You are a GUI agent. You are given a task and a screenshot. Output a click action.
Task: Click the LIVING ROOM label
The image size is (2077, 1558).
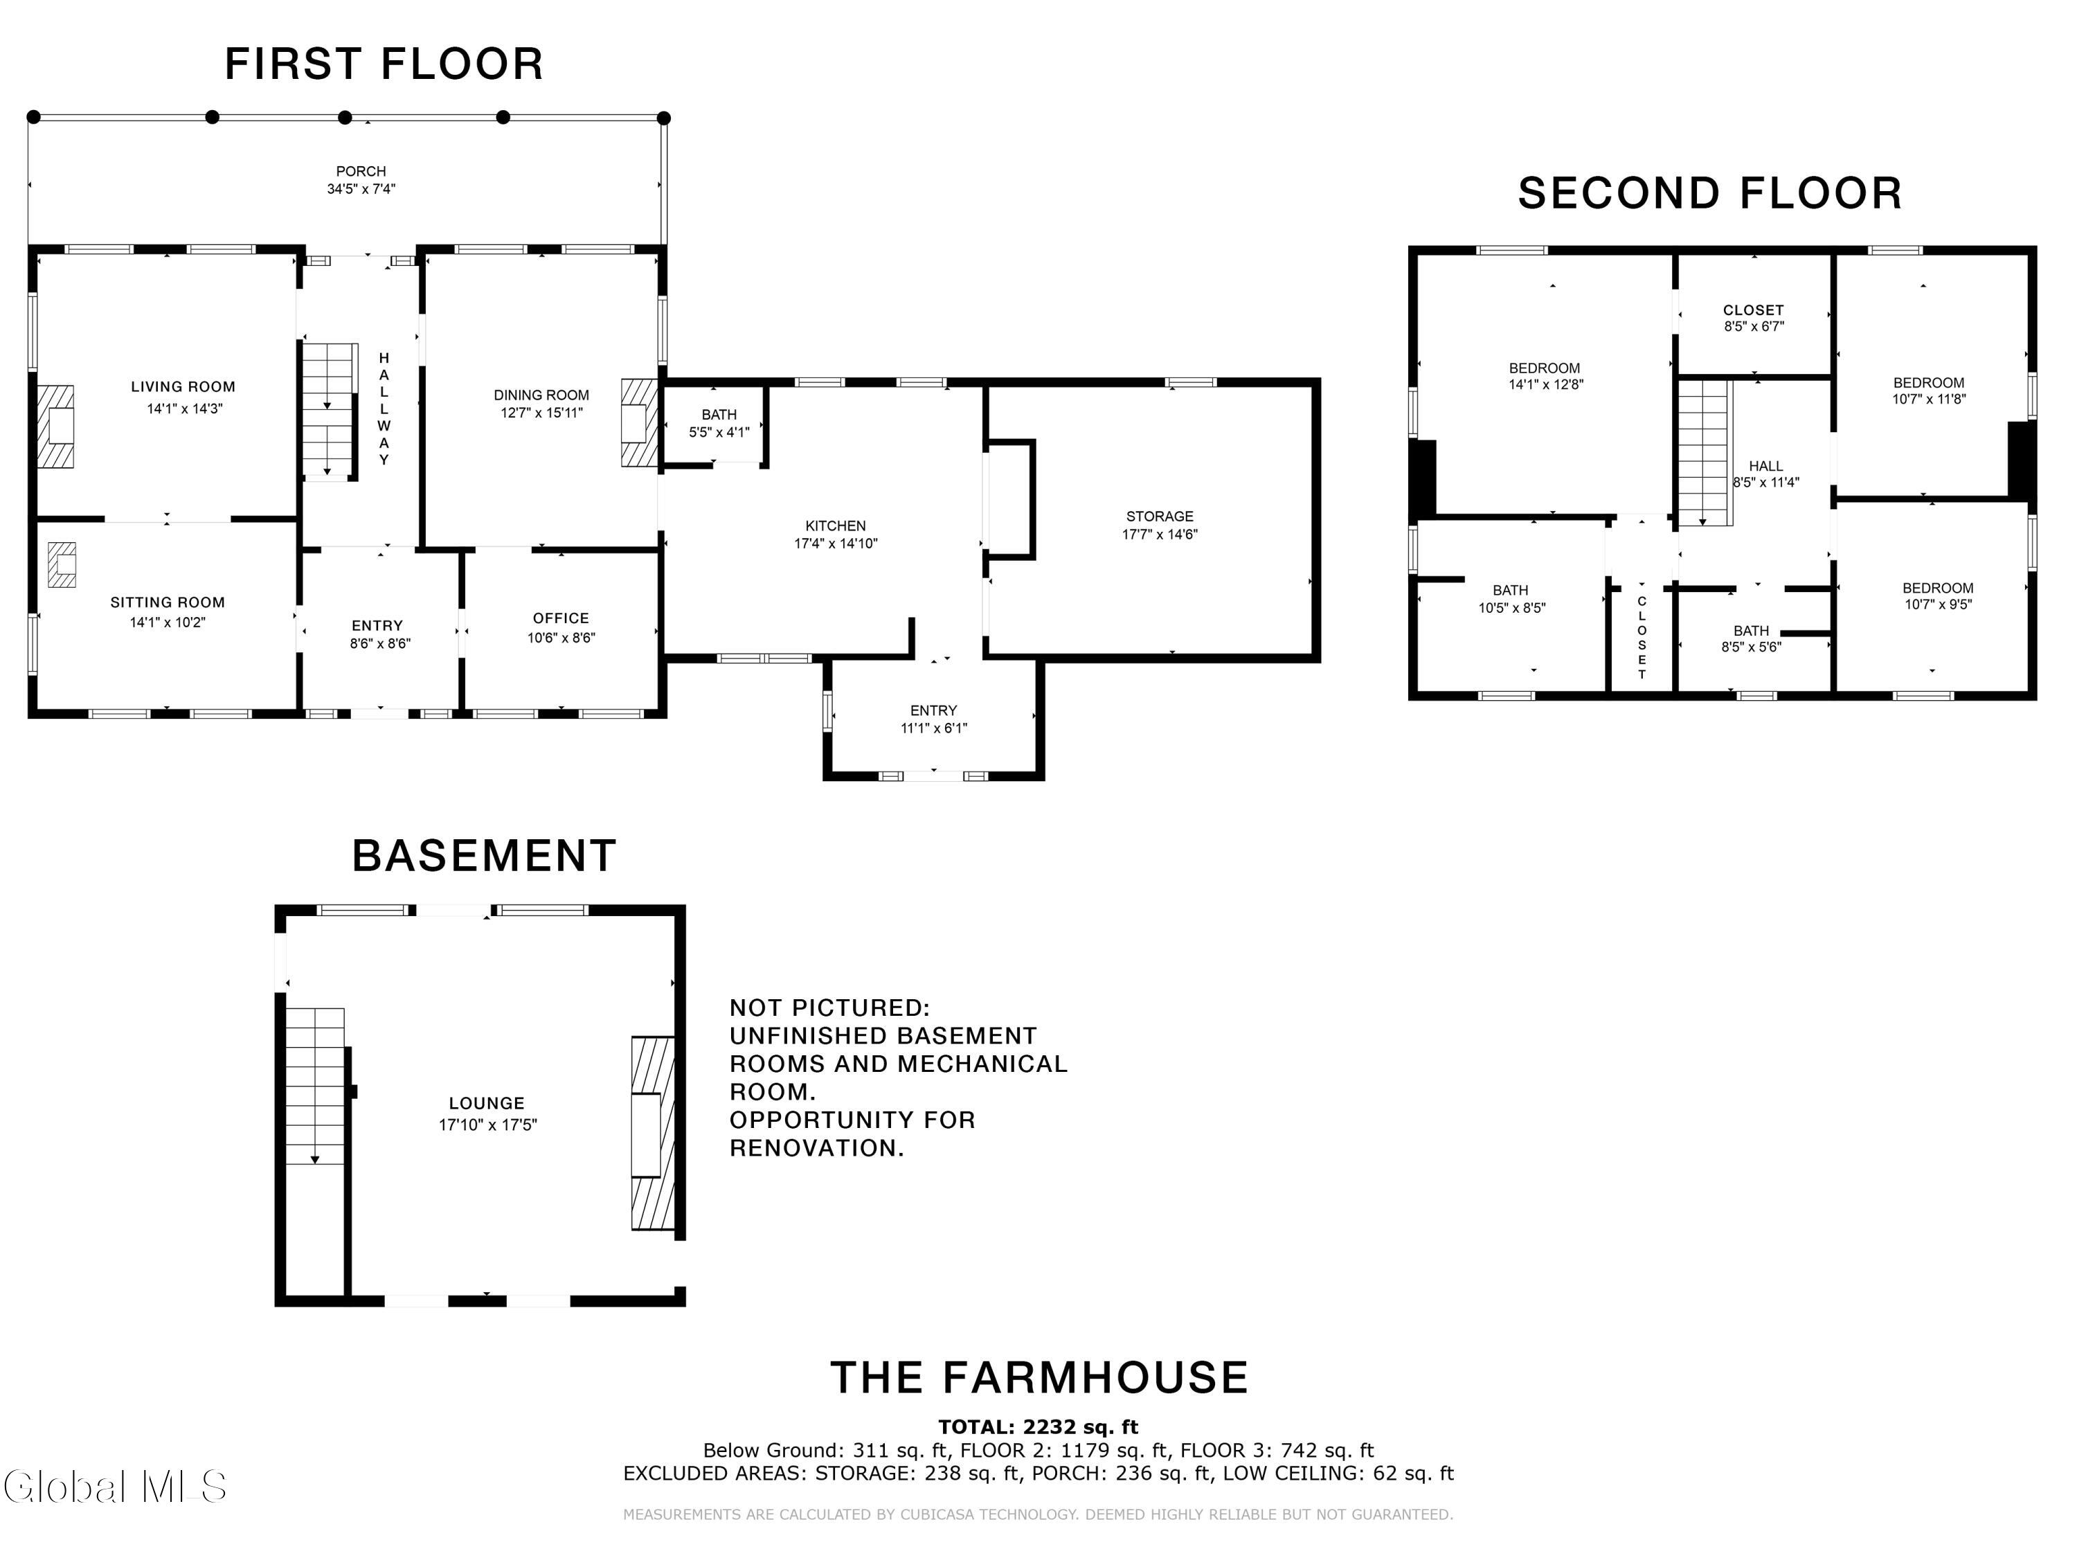tap(183, 387)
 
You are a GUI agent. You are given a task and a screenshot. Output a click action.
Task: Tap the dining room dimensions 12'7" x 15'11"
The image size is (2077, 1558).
tap(542, 412)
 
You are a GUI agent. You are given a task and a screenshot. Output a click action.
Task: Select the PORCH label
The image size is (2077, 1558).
tap(361, 171)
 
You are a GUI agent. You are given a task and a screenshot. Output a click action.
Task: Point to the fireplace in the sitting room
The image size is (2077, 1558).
tap(62, 564)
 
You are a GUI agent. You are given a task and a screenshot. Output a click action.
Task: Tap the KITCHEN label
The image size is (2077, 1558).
tap(836, 526)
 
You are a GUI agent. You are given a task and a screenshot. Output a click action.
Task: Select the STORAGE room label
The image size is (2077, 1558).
tap(1160, 517)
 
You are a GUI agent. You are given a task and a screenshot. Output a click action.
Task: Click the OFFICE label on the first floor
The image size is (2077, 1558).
tap(561, 618)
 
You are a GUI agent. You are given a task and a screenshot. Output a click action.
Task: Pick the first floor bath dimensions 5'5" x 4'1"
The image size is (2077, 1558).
tap(719, 433)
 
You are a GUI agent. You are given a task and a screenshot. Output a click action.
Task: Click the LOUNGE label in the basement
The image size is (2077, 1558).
tap(487, 1104)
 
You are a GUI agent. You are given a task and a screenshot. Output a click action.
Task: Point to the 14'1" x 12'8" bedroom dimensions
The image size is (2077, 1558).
tap(1545, 384)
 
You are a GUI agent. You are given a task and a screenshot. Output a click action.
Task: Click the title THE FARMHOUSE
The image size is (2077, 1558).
tap(1039, 1378)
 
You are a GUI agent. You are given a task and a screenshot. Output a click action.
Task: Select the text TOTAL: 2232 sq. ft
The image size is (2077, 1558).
tap(1038, 1426)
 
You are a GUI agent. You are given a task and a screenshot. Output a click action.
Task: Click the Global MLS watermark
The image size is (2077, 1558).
tap(114, 1487)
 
